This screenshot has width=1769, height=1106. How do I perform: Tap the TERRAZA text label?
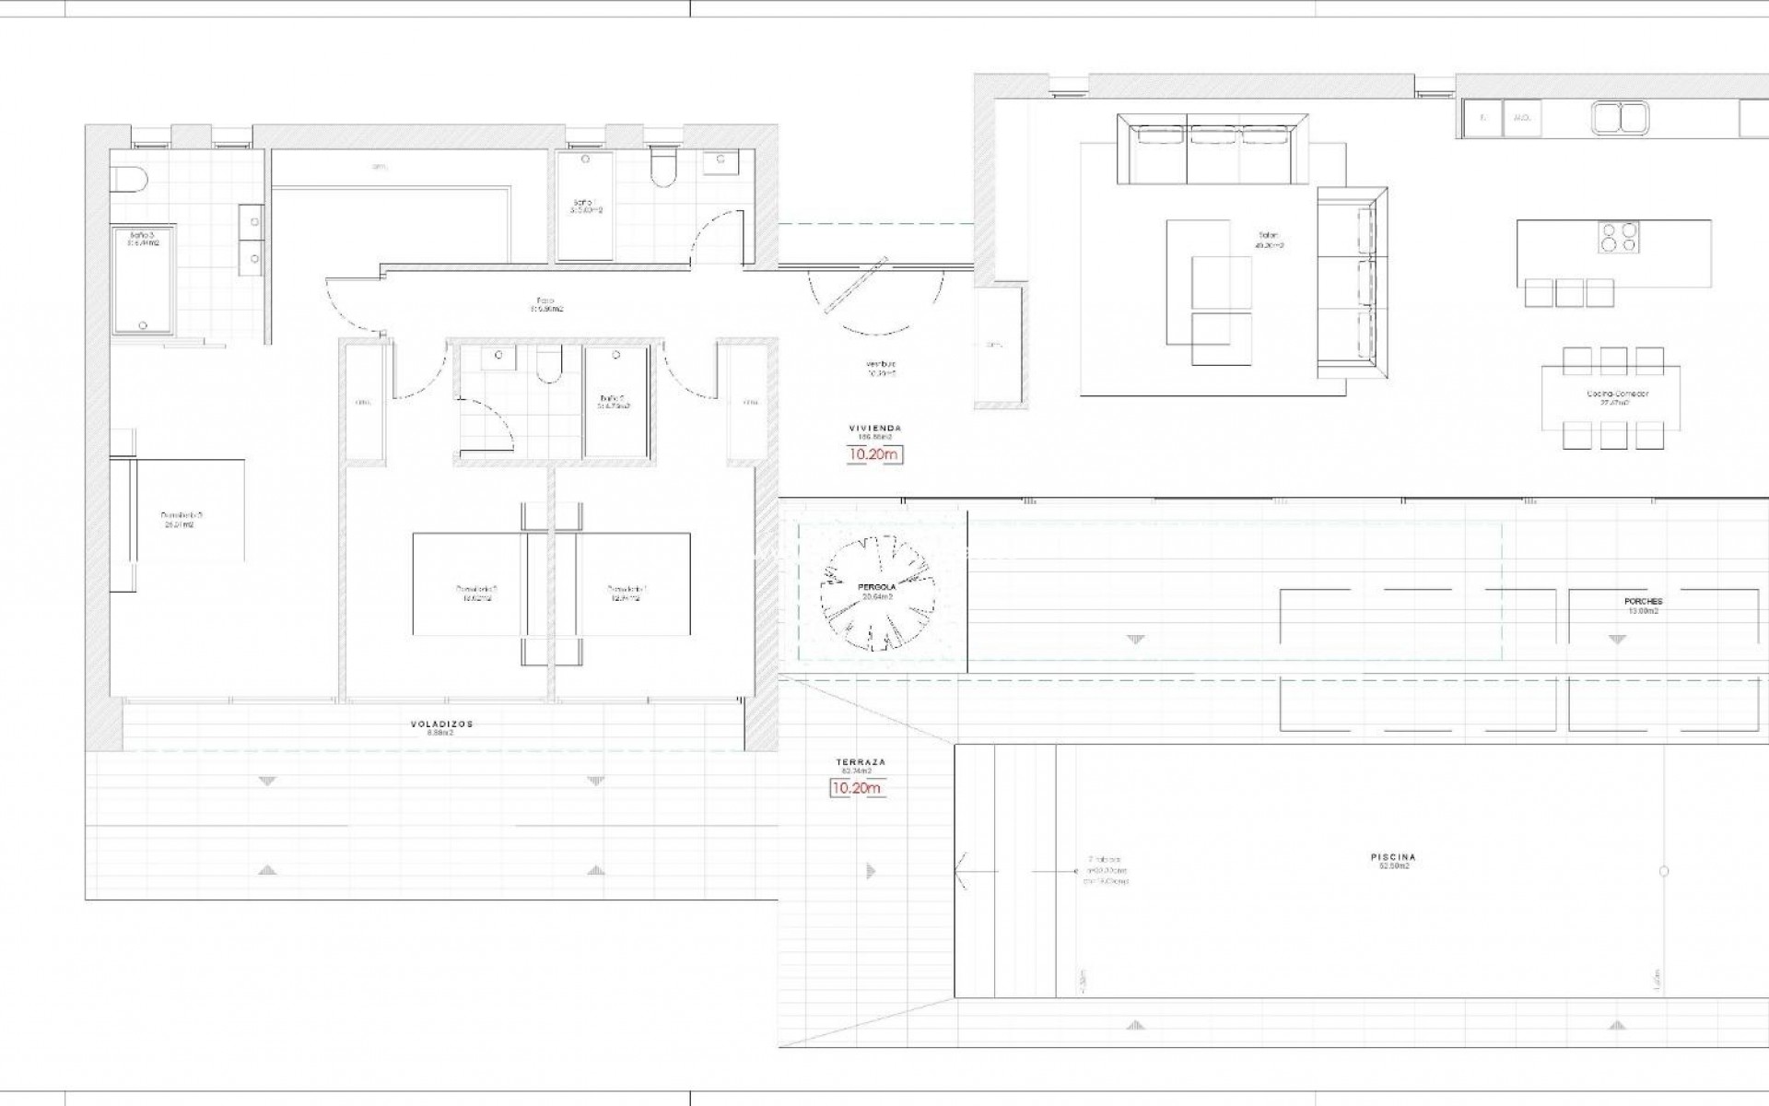(860, 763)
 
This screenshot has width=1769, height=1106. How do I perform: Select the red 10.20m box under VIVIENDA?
(874, 454)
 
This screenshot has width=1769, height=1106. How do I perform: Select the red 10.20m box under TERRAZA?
(856, 788)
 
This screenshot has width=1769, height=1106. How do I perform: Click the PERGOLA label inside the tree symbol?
(877, 586)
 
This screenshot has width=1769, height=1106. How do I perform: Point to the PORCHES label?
(1643, 602)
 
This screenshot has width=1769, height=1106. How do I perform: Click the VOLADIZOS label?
(441, 724)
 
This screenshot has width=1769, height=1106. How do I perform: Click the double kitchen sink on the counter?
(1620, 118)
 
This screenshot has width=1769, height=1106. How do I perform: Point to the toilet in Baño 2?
(548, 364)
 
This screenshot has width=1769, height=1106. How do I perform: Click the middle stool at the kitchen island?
(1569, 292)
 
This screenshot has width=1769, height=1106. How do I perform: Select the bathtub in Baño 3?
(142, 281)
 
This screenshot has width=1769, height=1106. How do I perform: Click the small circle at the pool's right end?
(1664, 871)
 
